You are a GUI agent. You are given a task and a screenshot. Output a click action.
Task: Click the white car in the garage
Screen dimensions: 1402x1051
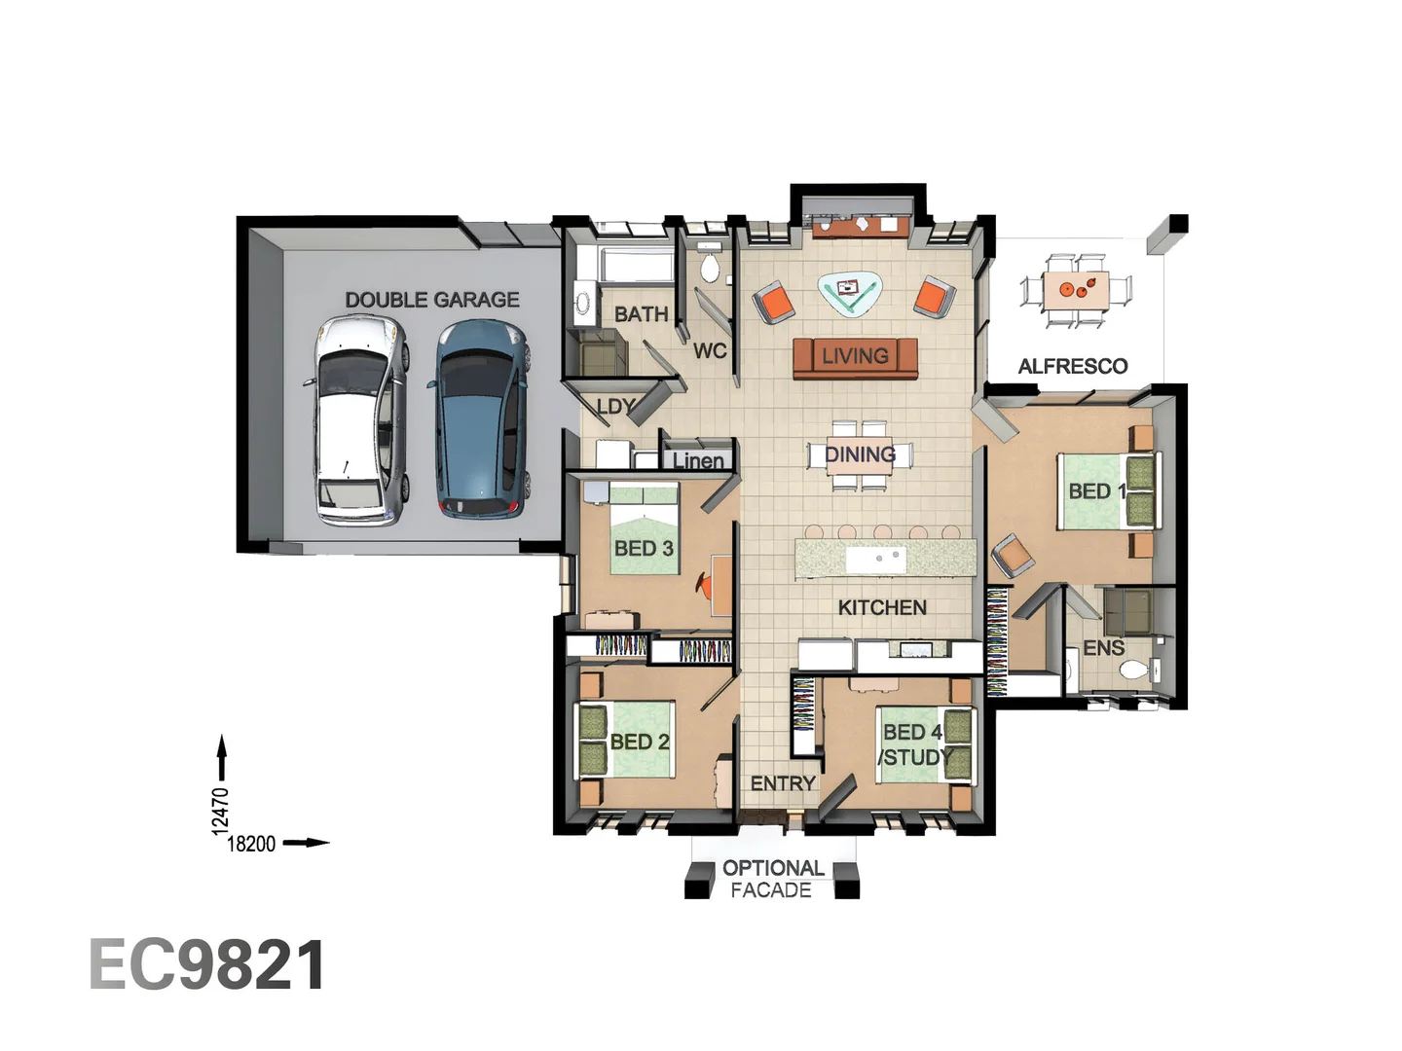(x=361, y=421)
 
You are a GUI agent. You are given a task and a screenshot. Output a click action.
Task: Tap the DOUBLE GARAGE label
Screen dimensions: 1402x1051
(x=431, y=300)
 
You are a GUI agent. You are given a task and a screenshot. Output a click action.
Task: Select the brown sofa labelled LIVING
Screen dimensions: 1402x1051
(x=855, y=357)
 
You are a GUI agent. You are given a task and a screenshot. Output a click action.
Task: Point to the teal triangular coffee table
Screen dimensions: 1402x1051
(x=848, y=294)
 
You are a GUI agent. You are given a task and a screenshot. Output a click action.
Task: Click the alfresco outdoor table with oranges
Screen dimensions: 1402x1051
(x=1076, y=290)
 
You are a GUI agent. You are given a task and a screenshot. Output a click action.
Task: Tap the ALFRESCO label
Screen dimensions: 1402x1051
(x=1072, y=366)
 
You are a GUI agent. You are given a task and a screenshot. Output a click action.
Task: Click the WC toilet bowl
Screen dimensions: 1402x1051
(x=709, y=267)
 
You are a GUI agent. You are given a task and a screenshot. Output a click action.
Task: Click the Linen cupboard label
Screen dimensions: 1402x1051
(x=697, y=460)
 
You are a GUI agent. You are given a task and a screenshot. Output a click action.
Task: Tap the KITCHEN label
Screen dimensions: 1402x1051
(x=882, y=607)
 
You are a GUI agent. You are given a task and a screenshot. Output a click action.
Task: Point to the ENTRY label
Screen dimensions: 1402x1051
(x=783, y=783)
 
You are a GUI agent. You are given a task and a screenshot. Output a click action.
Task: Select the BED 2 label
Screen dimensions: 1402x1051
(x=640, y=742)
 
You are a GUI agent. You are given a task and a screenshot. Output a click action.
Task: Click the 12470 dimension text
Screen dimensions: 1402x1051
(x=219, y=811)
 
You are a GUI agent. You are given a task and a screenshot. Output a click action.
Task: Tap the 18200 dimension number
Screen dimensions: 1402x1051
(x=251, y=844)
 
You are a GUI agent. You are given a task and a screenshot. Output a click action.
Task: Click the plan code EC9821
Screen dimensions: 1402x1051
(x=207, y=964)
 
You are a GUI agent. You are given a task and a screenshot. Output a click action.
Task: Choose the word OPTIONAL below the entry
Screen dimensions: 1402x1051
(x=773, y=868)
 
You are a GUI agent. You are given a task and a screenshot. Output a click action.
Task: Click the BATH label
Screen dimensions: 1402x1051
(x=642, y=314)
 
